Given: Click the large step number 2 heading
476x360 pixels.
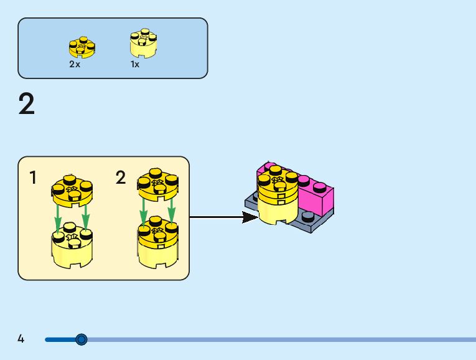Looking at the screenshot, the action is click(27, 105).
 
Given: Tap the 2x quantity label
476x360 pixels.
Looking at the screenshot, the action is click(75, 64).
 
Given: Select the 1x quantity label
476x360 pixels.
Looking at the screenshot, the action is click(135, 64).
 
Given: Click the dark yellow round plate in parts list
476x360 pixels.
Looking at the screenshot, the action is click(82, 47).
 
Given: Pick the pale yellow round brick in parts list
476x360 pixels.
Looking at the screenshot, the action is click(143, 44).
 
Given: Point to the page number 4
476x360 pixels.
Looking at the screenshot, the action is click(21, 339).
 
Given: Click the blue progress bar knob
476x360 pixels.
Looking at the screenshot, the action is click(81, 339).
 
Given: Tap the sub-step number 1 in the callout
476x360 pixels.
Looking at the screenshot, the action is click(33, 178).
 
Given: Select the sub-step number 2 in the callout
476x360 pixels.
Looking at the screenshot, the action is click(121, 178).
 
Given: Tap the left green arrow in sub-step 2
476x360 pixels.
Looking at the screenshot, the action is click(144, 212).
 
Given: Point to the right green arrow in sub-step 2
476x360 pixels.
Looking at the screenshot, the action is click(171, 210).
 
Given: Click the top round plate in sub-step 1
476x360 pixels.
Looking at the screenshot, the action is click(72, 189).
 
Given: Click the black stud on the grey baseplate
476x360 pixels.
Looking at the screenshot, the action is click(307, 217).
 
